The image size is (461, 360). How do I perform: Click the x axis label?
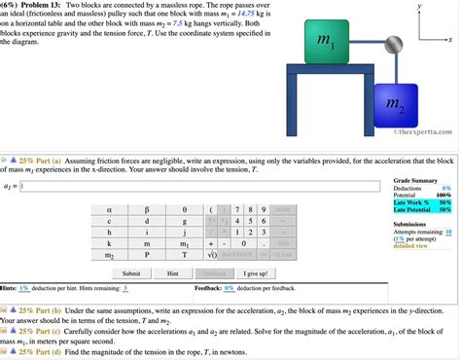point(450,40)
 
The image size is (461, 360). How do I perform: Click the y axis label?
point(420,5)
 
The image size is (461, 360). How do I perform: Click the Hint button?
point(172,273)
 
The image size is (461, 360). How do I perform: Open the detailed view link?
point(412,246)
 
